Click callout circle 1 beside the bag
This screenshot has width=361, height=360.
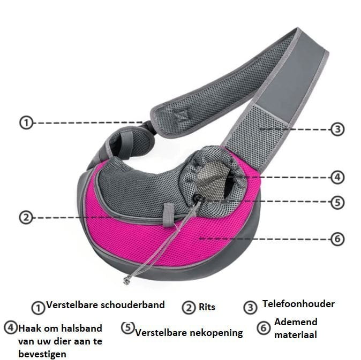pyautogui.click(x=26, y=122)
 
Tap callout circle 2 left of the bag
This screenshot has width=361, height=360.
pyautogui.click(x=26, y=218)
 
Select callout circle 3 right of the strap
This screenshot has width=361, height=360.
pyautogui.click(x=337, y=129)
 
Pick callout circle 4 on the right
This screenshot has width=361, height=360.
pyautogui.click(x=337, y=177)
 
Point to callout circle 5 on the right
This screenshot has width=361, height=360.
pyautogui.click(x=337, y=202)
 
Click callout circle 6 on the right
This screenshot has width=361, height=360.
pyautogui.click(x=337, y=239)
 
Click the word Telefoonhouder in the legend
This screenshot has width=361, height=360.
pyautogui.click(x=298, y=304)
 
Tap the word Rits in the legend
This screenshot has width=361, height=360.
pyautogui.click(x=207, y=307)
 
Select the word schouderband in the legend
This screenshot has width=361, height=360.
pyautogui.click(x=133, y=305)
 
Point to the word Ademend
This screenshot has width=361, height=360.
pyautogui.click(x=296, y=322)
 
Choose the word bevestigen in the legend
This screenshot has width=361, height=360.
pyautogui.click(x=42, y=354)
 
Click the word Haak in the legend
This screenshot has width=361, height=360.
pyautogui.click(x=29, y=328)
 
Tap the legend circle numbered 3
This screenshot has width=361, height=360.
pyautogui.click(x=250, y=308)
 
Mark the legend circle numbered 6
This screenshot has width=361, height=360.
pyautogui.click(x=264, y=328)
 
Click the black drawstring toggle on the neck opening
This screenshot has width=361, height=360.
pyautogui.click(x=198, y=197)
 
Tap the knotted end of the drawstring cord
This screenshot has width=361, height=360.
pyautogui.click(x=127, y=280)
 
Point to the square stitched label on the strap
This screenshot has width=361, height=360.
pyautogui.click(x=181, y=115)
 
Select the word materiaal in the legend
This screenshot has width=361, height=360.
pyautogui.click(x=296, y=335)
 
